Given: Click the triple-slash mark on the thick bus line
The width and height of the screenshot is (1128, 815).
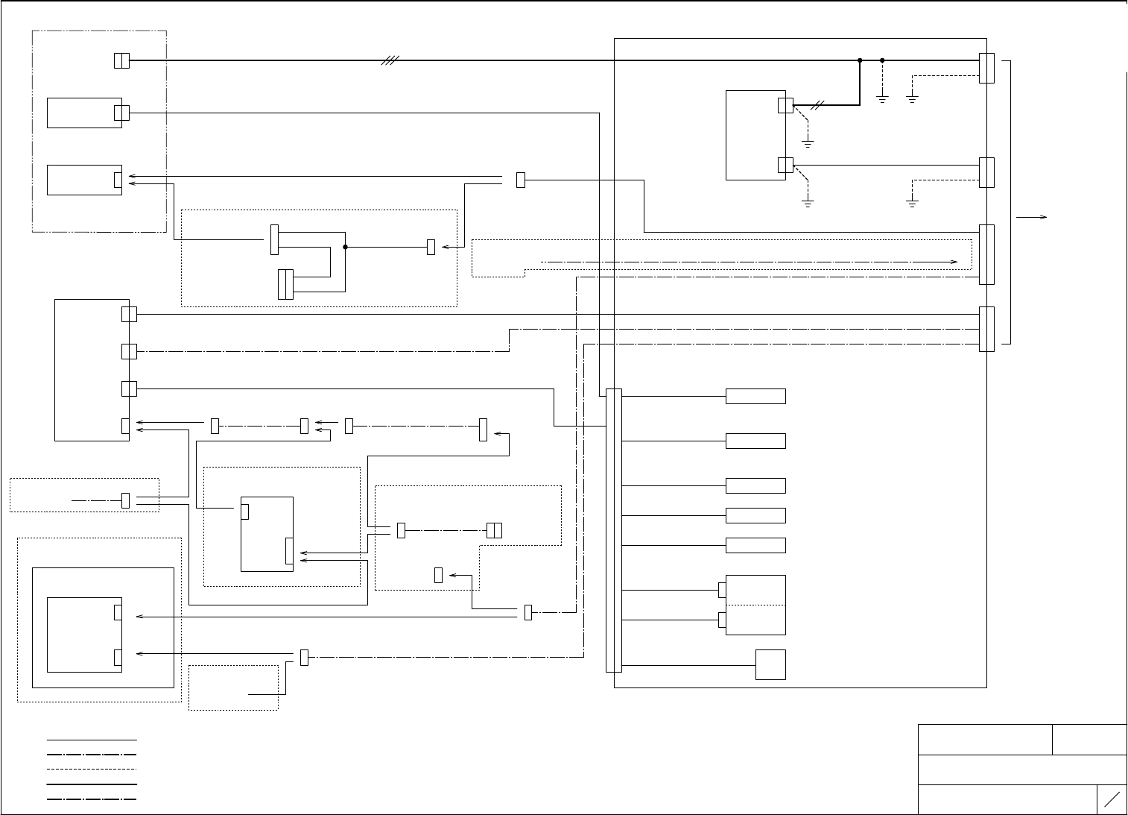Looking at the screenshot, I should click(x=390, y=60).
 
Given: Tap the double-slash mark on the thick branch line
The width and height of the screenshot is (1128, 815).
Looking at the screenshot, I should click(x=817, y=106).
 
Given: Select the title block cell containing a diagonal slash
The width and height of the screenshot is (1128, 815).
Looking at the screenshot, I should click(x=1112, y=799).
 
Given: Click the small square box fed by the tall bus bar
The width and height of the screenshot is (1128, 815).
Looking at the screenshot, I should click(x=770, y=664).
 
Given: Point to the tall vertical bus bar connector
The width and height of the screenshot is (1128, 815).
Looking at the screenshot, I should click(x=614, y=530).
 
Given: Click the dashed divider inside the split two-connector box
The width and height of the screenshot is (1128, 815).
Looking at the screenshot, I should click(x=755, y=605).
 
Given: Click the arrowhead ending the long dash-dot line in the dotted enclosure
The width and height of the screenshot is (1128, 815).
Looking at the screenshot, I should click(x=954, y=262).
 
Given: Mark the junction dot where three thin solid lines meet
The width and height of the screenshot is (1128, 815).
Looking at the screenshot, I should click(x=346, y=247).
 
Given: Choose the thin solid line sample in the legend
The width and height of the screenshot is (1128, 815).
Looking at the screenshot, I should click(x=92, y=740).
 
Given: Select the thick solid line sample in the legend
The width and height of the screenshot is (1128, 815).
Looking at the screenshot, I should click(x=92, y=784).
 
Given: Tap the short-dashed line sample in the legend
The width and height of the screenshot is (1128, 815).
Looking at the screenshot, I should click(x=92, y=769).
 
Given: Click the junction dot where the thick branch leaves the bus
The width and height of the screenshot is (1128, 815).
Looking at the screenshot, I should click(x=860, y=60).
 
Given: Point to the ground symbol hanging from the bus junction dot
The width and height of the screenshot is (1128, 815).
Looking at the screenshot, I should click(x=882, y=98).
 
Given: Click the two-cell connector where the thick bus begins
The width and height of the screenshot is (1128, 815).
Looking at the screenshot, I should click(x=121, y=60).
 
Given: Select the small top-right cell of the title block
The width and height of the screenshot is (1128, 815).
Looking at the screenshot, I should click(x=1089, y=739).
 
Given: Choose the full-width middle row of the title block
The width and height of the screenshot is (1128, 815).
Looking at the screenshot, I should click(x=1022, y=770).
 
